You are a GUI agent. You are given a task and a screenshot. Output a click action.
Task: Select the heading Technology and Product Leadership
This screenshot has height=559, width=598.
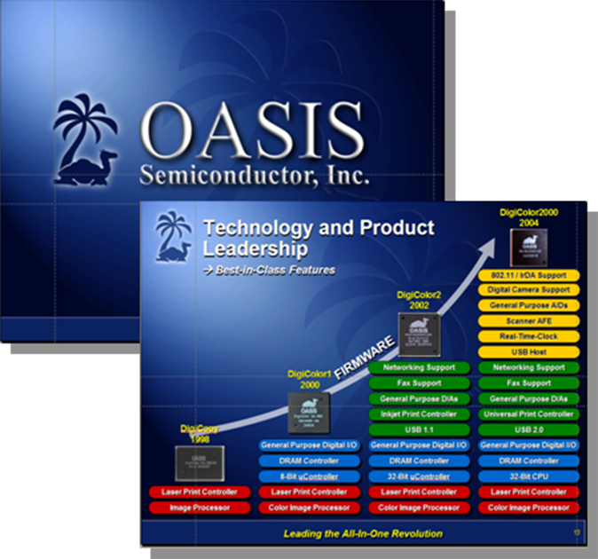[x=319, y=239]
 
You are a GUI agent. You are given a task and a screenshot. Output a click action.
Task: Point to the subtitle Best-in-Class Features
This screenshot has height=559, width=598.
[x=271, y=270]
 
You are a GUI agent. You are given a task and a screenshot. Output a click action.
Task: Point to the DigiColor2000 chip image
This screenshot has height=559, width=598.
[x=529, y=245]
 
